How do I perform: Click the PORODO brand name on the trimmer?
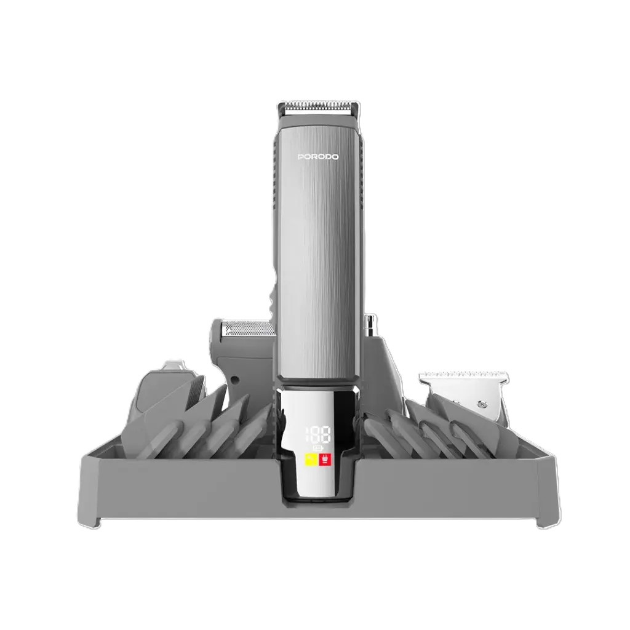(317, 157)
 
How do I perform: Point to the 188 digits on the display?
(319, 433)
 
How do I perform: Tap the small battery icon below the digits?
(318, 447)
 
